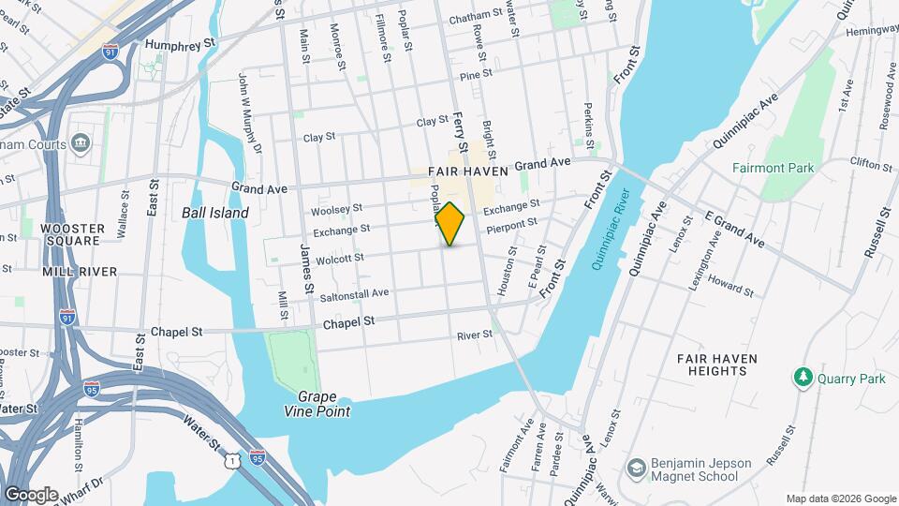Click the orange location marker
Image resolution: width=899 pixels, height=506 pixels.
(450, 223)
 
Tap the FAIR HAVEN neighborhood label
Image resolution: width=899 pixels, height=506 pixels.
(467, 172)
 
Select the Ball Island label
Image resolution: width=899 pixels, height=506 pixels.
(215, 213)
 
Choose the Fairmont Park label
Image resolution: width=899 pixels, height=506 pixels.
(773, 168)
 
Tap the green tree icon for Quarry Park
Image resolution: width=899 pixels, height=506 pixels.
(803, 378)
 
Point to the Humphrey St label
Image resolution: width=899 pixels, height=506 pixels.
(181, 43)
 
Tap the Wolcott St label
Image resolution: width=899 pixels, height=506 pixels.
(339, 258)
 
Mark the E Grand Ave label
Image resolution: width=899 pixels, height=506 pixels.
(735, 231)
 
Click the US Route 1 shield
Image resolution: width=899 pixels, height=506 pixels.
(230, 460)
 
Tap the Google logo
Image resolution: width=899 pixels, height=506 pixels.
(30, 495)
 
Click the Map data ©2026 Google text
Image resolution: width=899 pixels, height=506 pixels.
(840, 499)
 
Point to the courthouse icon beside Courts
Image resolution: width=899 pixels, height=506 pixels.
(81, 143)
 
